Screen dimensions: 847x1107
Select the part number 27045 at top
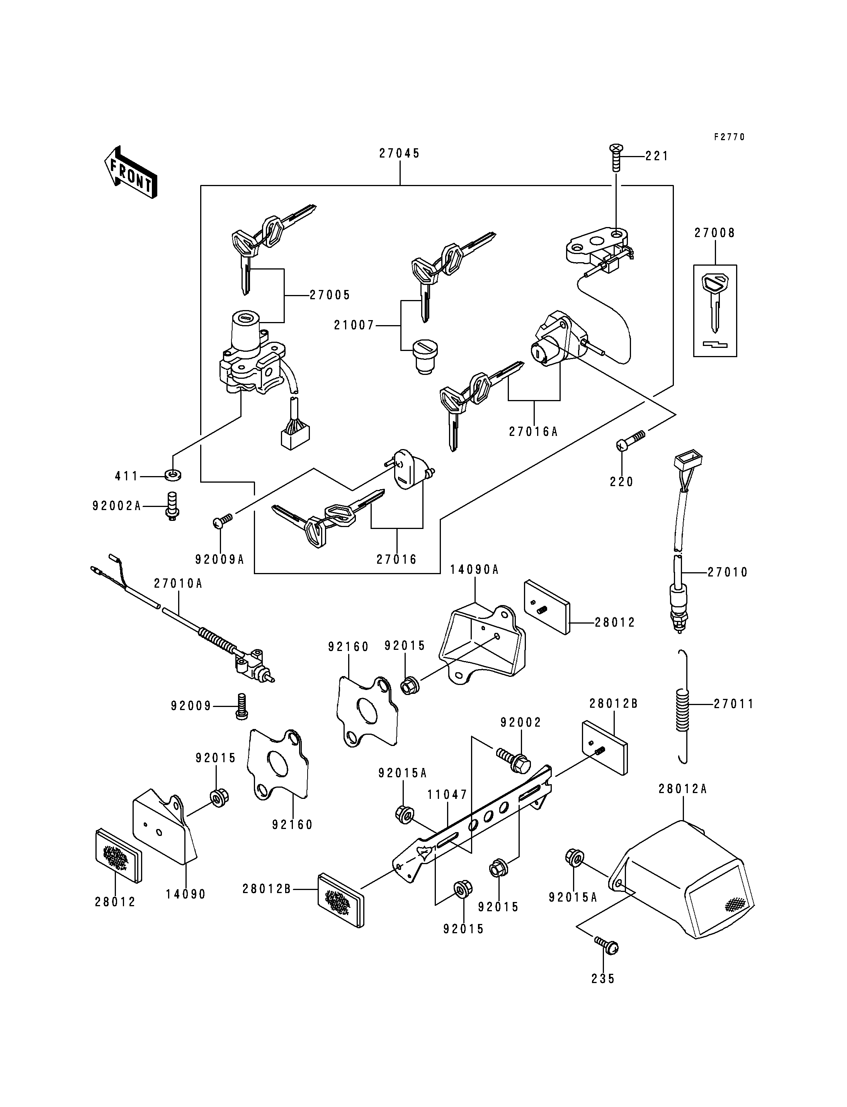click(x=400, y=154)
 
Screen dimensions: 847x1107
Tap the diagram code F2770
click(x=729, y=137)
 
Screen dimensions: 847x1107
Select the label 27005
click(x=330, y=295)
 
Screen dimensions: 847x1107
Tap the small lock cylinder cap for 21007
click(x=426, y=357)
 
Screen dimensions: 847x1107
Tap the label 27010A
click(x=179, y=583)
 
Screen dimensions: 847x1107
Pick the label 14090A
click(x=475, y=570)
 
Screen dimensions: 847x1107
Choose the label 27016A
click(x=533, y=432)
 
